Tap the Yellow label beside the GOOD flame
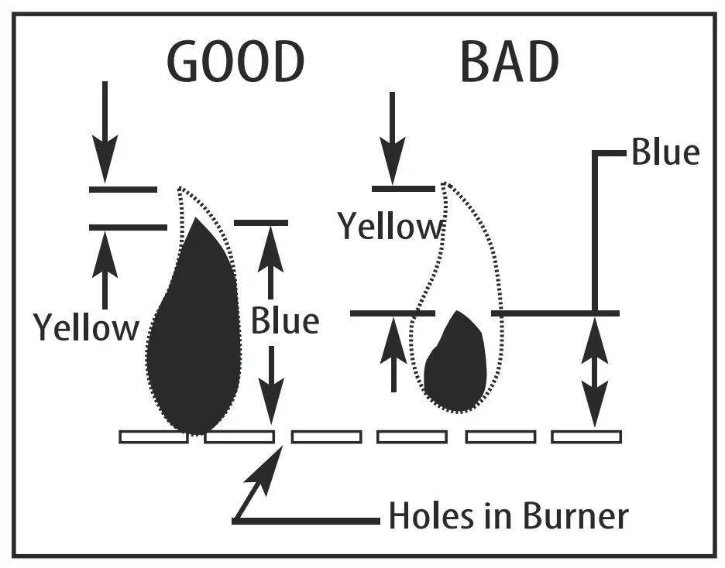85,327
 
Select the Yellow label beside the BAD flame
390,227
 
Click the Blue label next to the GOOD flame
284,320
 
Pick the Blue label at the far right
665,152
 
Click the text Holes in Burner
508,515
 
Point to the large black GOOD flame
194,333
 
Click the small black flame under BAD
457,364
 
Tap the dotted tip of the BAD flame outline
444,186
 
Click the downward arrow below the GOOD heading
105,132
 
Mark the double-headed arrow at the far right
595,371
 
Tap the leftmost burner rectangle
153,436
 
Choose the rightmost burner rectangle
586,436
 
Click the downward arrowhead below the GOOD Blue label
270,406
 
